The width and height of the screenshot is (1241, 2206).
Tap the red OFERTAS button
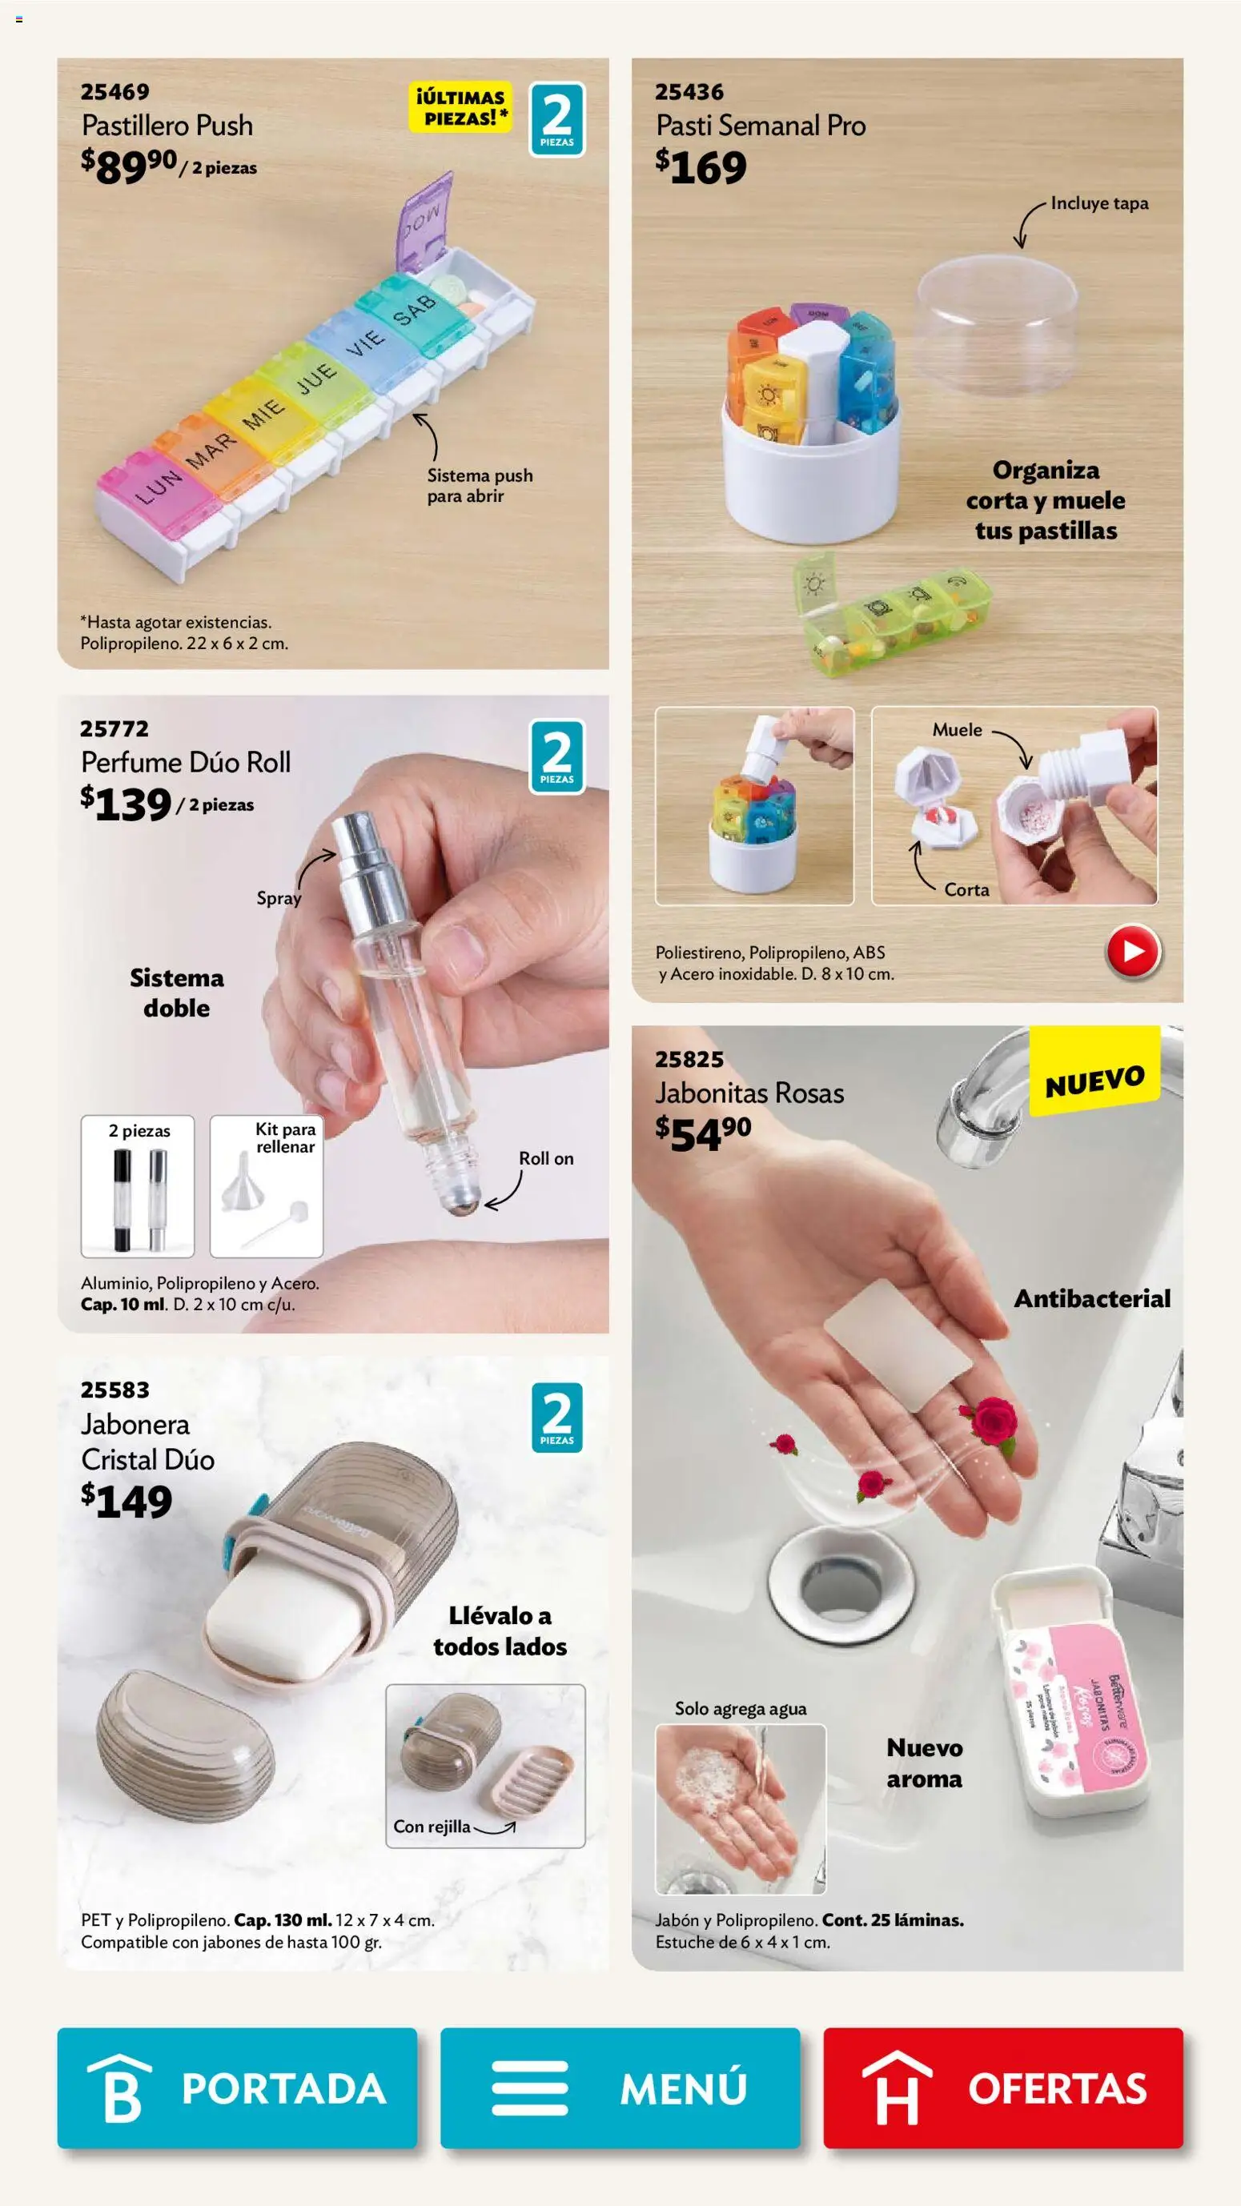[x=1003, y=2087]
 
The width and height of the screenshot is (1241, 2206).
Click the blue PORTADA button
[x=237, y=2087]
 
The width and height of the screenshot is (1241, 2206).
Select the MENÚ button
[x=620, y=2087]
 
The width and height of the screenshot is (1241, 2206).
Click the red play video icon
[x=1132, y=952]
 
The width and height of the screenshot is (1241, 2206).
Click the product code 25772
[x=114, y=728]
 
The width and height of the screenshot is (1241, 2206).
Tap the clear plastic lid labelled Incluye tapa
[x=997, y=326]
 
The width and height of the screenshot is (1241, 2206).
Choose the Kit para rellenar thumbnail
[x=267, y=1186]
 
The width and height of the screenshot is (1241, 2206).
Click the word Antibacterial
[x=1091, y=1299]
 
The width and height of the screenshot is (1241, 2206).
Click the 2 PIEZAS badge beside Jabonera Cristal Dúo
[x=556, y=1418]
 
